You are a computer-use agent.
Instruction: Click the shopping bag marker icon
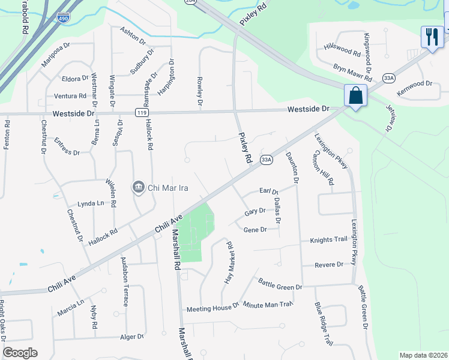click(356, 95)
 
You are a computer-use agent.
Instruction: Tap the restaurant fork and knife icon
click(432, 37)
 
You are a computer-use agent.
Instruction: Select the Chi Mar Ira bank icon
click(139, 188)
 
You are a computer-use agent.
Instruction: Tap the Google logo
click(20, 353)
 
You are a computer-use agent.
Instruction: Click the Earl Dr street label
click(269, 191)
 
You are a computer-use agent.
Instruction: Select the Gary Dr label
click(255, 212)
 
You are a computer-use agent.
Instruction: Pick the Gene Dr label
click(255, 230)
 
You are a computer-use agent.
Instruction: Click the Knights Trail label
click(328, 240)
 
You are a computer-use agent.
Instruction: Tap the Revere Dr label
click(331, 265)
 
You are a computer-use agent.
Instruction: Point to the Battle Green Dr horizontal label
click(280, 284)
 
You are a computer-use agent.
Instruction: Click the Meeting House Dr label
click(213, 308)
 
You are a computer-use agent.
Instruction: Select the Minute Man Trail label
click(268, 305)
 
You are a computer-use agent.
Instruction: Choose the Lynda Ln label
click(91, 204)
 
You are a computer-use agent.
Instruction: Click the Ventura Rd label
click(70, 96)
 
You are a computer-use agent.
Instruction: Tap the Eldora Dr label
click(75, 79)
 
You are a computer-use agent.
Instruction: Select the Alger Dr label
click(132, 337)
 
